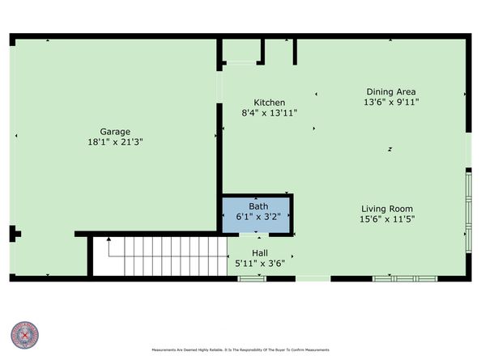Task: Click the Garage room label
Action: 115,130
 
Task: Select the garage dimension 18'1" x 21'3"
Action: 115,142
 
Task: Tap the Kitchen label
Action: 269,103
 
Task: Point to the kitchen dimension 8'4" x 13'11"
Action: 269,113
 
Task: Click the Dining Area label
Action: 390,91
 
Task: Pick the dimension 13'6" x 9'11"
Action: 390,103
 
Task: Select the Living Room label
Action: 386,209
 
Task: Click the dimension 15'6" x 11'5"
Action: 386,219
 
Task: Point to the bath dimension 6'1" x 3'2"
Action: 258,218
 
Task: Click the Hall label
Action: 259,252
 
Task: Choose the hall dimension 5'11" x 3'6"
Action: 259,263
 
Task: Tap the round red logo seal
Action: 25,335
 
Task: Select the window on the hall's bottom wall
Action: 251,278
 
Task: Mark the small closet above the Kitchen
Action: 240,50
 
